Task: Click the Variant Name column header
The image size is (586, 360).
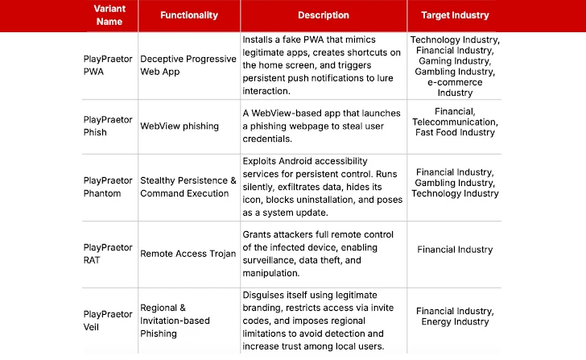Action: [x=109, y=14]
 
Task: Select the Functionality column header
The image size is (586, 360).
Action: [x=189, y=15]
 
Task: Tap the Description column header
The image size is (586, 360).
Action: [x=324, y=15]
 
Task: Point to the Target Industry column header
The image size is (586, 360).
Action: [x=455, y=15]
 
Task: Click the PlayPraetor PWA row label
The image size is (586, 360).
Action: [x=108, y=64]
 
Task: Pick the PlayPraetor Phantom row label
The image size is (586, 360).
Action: [x=108, y=187]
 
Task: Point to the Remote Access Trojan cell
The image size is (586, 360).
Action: [x=188, y=254]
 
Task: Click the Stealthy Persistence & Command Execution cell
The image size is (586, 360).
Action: [x=188, y=187]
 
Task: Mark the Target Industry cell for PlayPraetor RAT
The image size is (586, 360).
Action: [x=455, y=250]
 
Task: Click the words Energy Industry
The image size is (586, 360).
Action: [x=455, y=322]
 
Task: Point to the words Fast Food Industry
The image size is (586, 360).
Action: [x=455, y=132]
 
